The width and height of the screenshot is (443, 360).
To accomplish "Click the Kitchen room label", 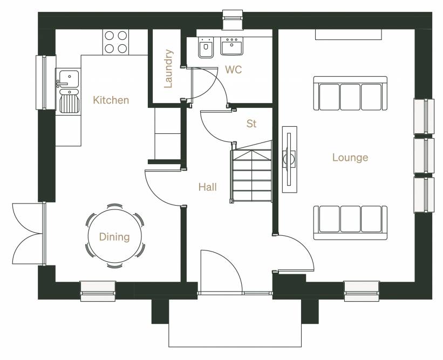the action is pyautogui.click(x=111, y=100).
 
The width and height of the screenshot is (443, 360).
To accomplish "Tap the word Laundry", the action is pyautogui.click(x=168, y=69).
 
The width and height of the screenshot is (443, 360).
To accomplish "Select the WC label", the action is pyautogui.click(x=233, y=70).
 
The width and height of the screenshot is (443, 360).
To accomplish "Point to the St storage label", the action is pyautogui.click(x=251, y=124).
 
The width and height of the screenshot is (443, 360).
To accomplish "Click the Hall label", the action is pyautogui.click(x=208, y=187).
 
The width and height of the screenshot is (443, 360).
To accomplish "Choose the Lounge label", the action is pyautogui.click(x=350, y=157).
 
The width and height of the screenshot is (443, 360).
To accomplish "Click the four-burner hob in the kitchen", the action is pyautogui.click(x=116, y=42).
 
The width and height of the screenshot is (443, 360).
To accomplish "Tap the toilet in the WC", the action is pyautogui.click(x=206, y=47).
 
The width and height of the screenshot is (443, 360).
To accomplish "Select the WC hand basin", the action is pyautogui.click(x=231, y=46).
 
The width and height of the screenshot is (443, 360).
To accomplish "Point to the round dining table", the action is pyautogui.click(x=115, y=236).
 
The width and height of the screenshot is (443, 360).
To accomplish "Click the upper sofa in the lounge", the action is pyautogui.click(x=350, y=93).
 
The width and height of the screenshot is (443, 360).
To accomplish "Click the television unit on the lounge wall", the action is pyautogui.click(x=290, y=159).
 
